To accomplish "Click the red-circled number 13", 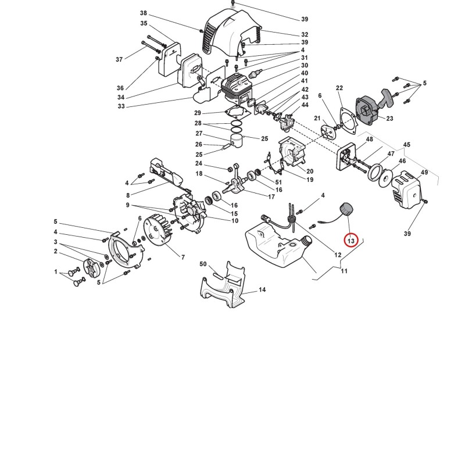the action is (x=351, y=241).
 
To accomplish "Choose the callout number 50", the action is (x=203, y=264).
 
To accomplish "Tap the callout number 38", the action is (x=144, y=13).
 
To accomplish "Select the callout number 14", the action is (x=262, y=289).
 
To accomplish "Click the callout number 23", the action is (x=389, y=119).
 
